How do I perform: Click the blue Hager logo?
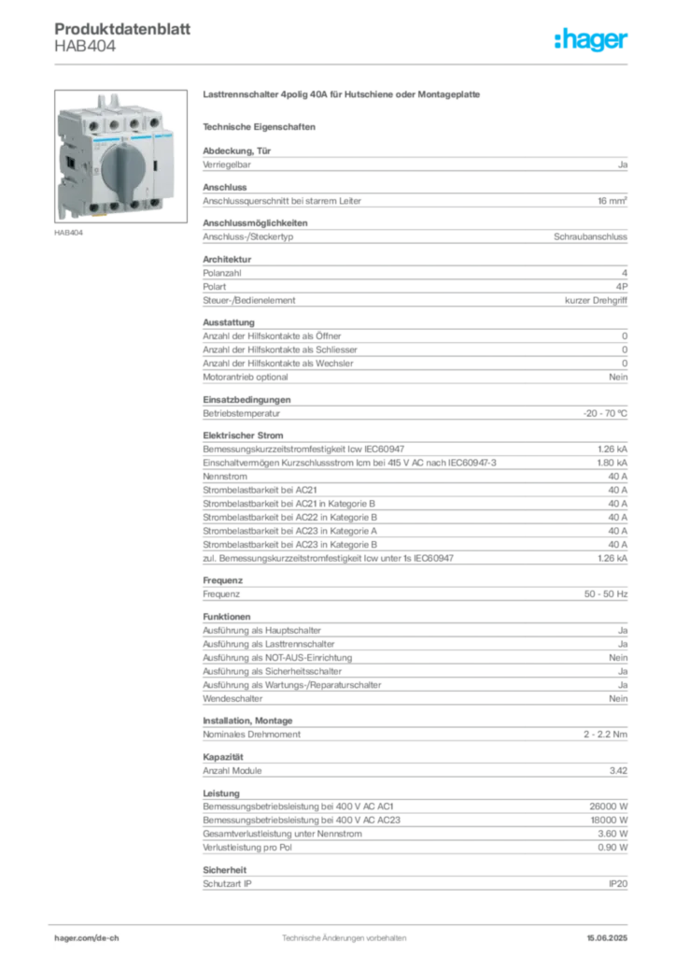[x=593, y=40]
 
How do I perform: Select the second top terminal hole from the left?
[x=115, y=122]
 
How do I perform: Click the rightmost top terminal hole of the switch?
[x=154, y=122]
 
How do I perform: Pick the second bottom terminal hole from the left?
[x=115, y=206]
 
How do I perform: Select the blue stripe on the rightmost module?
[x=163, y=136]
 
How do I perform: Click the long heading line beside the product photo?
[x=344, y=95]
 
